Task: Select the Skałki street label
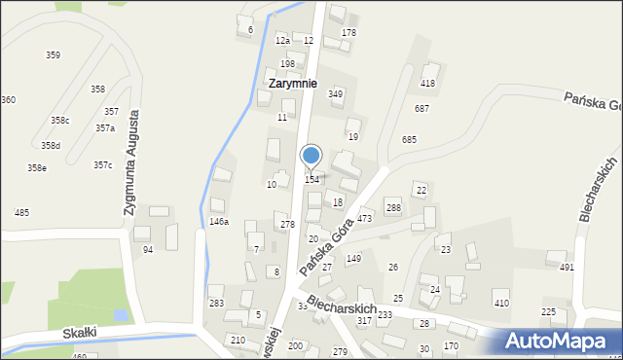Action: [79, 333]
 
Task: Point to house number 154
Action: [312, 179]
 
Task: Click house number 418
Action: [427, 84]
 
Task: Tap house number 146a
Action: [219, 222]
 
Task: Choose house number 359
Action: [53, 55]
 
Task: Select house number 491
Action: [567, 268]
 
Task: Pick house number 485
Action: [21, 212]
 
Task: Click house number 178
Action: [348, 33]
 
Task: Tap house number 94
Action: [148, 250]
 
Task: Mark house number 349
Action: [336, 94]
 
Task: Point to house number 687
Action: [421, 108]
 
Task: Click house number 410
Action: [501, 304]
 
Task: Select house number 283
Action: [216, 304]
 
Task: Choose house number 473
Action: [364, 219]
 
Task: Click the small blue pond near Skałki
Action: [119, 315]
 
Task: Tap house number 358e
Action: [36, 168]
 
